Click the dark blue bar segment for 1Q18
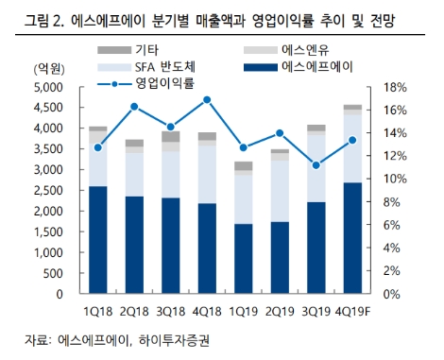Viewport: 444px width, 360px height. click(x=97, y=240)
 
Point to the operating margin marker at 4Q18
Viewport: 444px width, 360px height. click(x=207, y=99)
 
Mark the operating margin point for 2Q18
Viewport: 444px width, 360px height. click(x=134, y=107)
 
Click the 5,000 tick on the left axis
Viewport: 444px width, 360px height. click(x=42, y=87)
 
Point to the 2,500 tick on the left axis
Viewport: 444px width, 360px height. click(x=42, y=190)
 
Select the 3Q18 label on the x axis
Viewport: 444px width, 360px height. click(x=170, y=310)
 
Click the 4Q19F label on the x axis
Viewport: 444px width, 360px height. click(x=350, y=310)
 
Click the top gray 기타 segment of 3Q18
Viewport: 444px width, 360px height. click(x=170, y=137)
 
